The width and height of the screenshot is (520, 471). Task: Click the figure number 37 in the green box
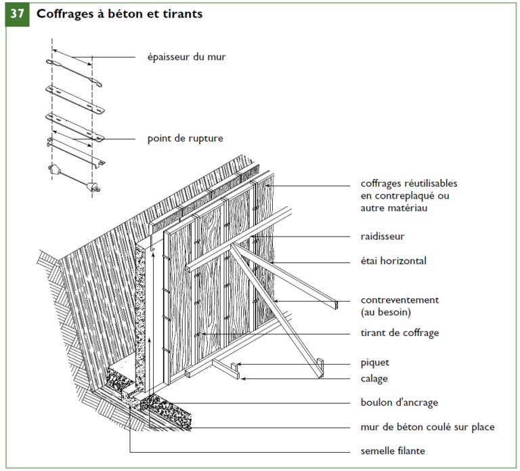17,14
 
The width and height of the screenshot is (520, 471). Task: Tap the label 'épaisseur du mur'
186,57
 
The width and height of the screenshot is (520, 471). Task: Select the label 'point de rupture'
185,139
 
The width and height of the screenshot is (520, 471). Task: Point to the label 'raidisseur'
383,237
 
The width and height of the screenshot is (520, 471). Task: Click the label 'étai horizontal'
393,260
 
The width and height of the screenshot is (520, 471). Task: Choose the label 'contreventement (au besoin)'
399,306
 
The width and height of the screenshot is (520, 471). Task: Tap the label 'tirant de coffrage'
399,333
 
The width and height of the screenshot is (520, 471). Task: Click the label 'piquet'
375,363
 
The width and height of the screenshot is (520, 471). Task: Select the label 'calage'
374,379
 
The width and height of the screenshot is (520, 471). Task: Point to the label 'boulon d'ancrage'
399,403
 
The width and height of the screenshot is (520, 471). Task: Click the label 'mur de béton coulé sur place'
427,427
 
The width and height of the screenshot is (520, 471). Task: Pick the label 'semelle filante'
393,451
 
